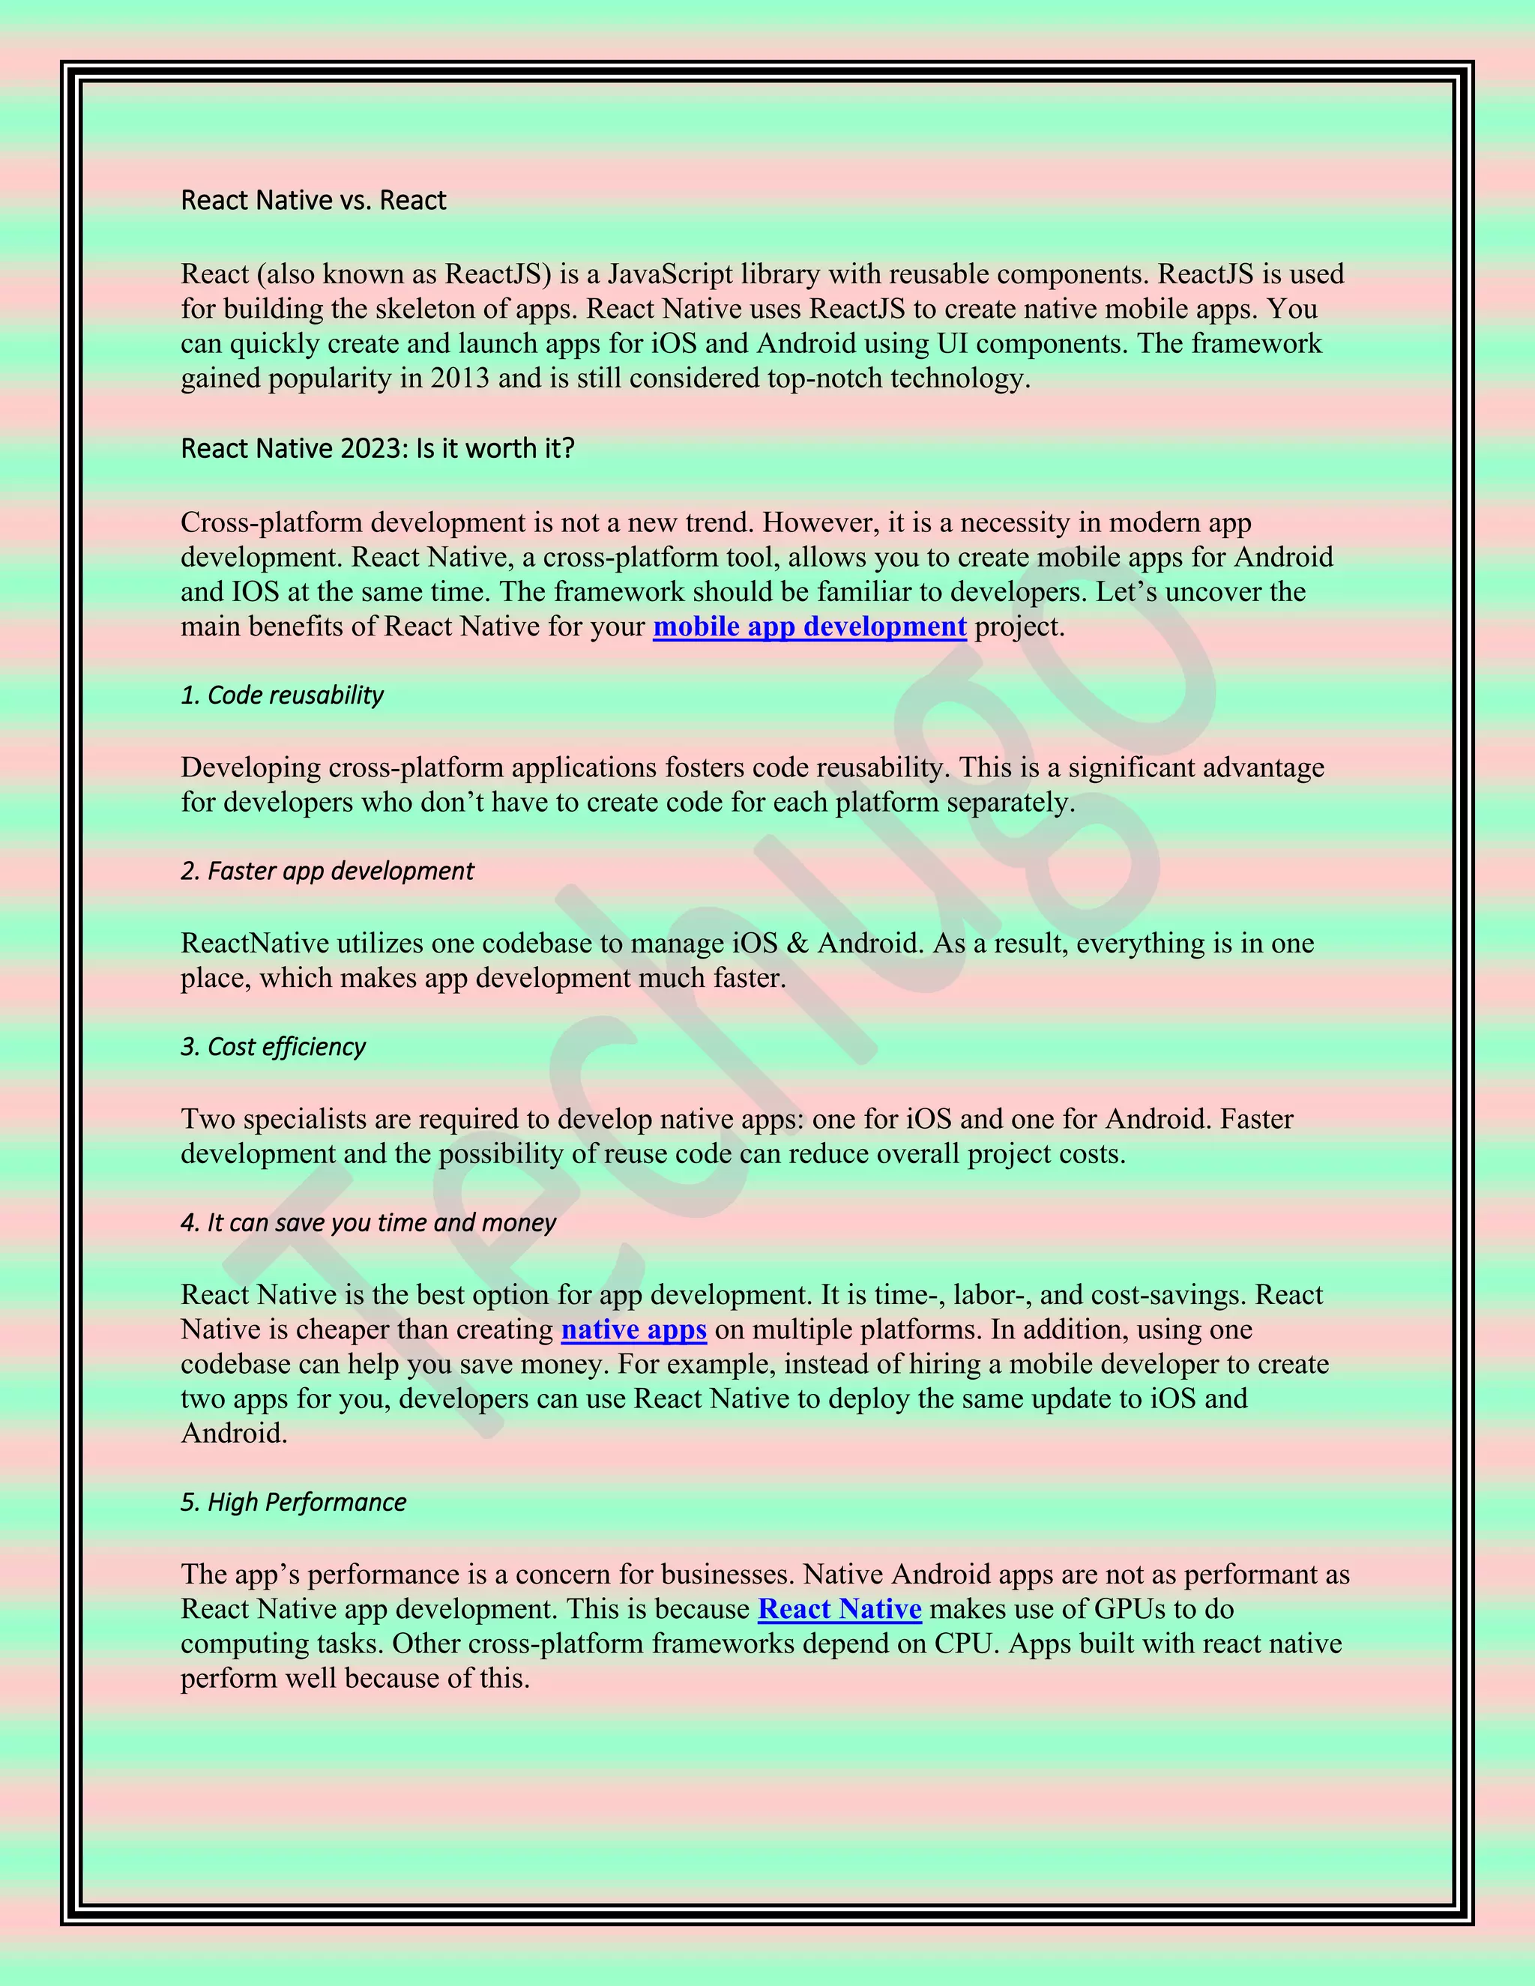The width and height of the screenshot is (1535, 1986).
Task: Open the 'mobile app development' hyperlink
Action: click(809, 627)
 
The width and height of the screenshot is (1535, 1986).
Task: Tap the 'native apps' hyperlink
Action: click(634, 1329)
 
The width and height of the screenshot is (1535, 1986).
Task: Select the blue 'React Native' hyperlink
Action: click(839, 1608)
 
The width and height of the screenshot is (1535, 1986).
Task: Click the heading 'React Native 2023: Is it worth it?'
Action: click(378, 448)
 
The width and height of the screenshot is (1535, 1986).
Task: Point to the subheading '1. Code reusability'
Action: click(282, 695)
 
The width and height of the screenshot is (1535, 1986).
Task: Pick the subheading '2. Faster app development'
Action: click(328, 871)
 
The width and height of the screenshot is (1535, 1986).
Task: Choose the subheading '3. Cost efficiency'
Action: click(273, 1047)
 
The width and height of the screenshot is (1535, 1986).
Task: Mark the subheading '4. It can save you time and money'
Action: click(368, 1222)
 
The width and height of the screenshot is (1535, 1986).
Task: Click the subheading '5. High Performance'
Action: click(293, 1502)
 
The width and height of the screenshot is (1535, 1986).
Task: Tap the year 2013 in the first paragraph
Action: click(460, 378)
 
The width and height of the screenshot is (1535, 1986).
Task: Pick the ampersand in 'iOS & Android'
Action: click(797, 943)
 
